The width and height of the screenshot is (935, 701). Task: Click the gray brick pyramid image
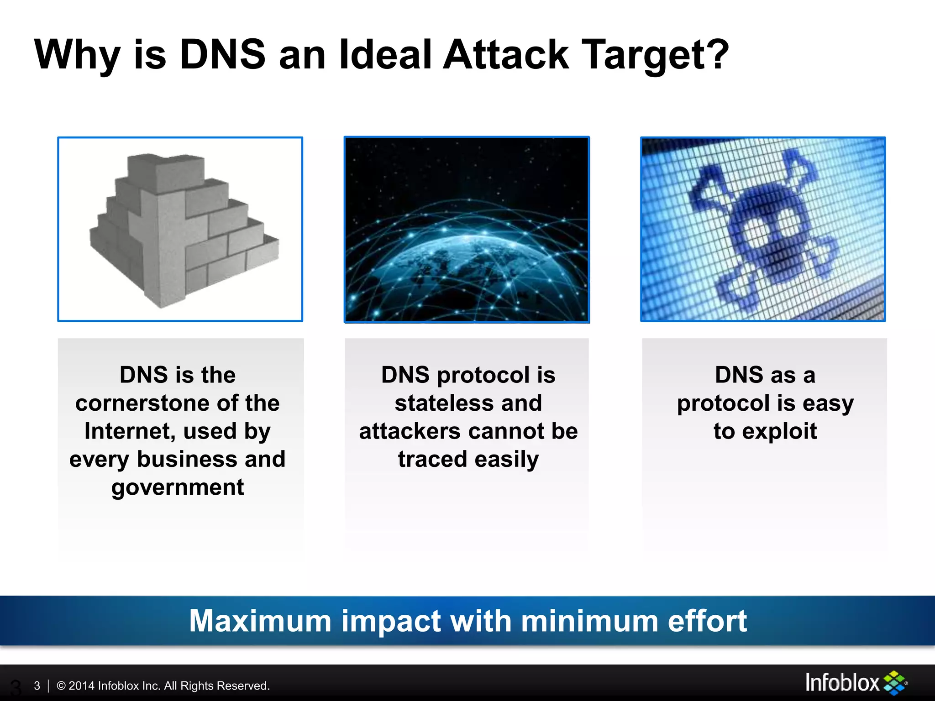(x=180, y=229)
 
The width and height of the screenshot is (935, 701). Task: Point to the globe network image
(x=467, y=229)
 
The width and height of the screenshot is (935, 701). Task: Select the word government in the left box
(x=178, y=487)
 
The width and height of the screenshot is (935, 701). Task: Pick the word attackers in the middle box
(x=410, y=431)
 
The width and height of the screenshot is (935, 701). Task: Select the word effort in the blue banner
(x=707, y=621)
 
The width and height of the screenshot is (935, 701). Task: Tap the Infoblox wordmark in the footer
(x=842, y=683)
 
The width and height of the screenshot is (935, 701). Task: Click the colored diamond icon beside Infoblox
(x=895, y=683)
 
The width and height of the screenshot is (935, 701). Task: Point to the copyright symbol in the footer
(x=61, y=685)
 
